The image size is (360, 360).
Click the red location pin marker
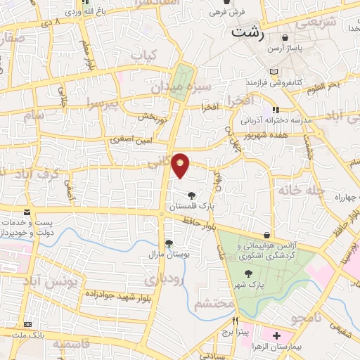pos(181,165)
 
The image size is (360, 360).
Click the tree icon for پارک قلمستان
pos(191,195)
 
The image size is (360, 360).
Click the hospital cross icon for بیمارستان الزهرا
pos(276,335)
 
